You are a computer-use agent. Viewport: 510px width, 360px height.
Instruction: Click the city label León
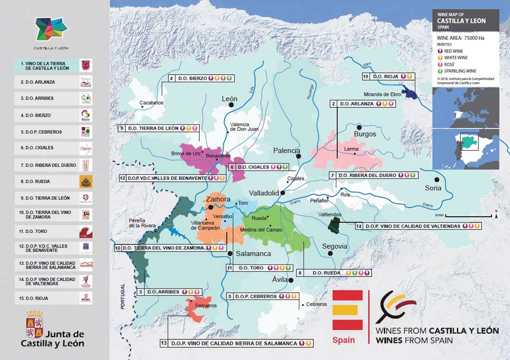229,99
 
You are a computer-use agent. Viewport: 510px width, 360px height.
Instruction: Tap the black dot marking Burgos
359,128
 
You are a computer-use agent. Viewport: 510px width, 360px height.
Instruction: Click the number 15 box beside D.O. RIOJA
366,77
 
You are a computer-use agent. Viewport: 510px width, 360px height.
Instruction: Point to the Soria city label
433,188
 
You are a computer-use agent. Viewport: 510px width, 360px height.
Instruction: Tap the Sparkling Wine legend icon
441,71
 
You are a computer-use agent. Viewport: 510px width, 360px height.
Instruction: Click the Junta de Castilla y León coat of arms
34,324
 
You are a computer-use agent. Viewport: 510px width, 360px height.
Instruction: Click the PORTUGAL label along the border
122,297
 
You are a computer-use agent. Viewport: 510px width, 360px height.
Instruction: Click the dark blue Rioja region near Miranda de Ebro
410,93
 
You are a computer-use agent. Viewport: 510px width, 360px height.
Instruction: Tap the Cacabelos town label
151,103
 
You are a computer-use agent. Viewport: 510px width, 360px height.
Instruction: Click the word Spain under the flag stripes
343,340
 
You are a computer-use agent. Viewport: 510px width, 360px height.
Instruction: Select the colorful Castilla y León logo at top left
51,29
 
